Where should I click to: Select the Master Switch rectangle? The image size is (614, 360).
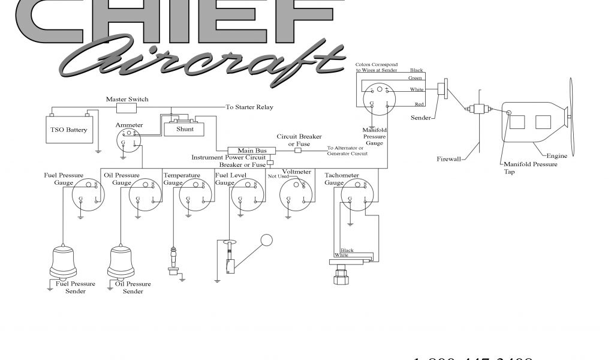(127, 108)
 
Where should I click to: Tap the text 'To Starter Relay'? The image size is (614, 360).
(249, 107)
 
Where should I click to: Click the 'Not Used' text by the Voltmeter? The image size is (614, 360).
(278, 176)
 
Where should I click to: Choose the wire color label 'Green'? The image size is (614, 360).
(415, 78)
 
